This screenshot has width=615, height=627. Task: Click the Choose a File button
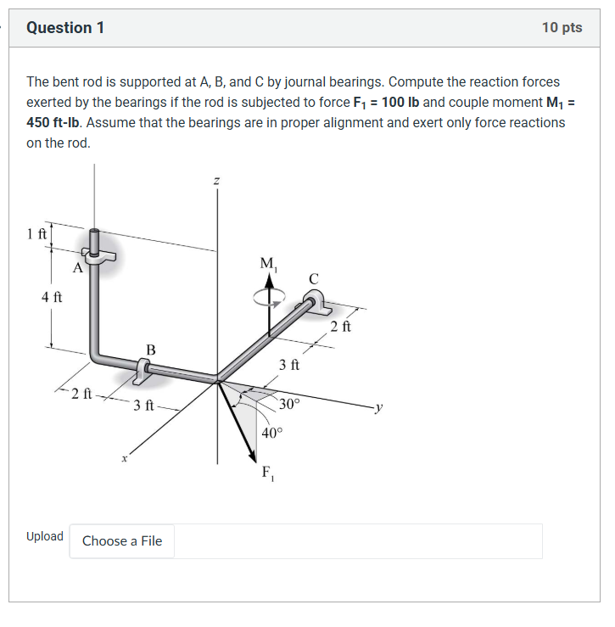click(x=122, y=541)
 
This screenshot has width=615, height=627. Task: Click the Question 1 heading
click(x=65, y=28)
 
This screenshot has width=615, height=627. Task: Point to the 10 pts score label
click(x=562, y=28)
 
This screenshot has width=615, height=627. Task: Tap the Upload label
click(x=44, y=536)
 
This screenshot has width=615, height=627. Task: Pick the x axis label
click(x=124, y=458)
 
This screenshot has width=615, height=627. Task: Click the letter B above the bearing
click(x=150, y=349)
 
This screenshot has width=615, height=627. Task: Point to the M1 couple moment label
click(x=269, y=265)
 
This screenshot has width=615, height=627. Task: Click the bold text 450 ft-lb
click(x=54, y=122)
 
